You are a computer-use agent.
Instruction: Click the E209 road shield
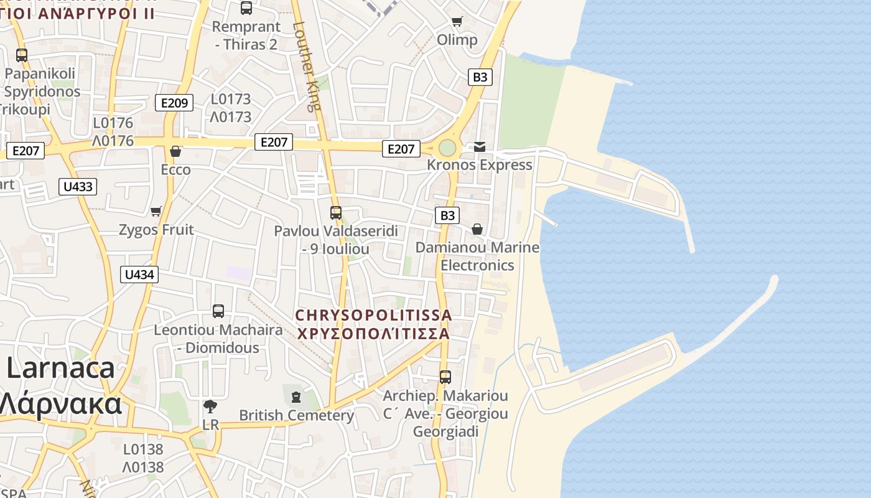tap(174, 103)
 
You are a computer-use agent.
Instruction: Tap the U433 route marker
tap(78, 186)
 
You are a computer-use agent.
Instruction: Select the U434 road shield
tap(139, 275)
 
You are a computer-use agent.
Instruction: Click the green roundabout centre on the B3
tap(447, 148)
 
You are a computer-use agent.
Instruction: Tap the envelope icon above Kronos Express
tap(480, 147)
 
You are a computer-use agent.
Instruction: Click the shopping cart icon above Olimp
tap(457, 22)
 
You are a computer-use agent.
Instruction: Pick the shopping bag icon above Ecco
tap(175, 151)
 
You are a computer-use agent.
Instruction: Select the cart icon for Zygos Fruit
tap(156, 212)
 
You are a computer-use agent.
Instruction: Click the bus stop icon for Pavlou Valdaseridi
tap(336, 213)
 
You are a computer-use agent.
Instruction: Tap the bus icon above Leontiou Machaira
tap(218, 311)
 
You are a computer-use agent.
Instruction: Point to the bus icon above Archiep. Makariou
tap(445, 377)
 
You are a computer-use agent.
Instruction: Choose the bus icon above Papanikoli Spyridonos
tap(22, 55)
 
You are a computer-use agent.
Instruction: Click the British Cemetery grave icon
tap(296, 397)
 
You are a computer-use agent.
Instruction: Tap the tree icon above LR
tap(210, 406)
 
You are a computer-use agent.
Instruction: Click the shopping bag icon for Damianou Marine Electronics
tap(477, 230)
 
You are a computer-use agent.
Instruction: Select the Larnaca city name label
tap(61, 369)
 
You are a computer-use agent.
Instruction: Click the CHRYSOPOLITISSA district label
tap(374, 316)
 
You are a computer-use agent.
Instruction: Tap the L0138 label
tap(143, 449)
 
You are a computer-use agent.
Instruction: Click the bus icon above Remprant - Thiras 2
tap(246, 8)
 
